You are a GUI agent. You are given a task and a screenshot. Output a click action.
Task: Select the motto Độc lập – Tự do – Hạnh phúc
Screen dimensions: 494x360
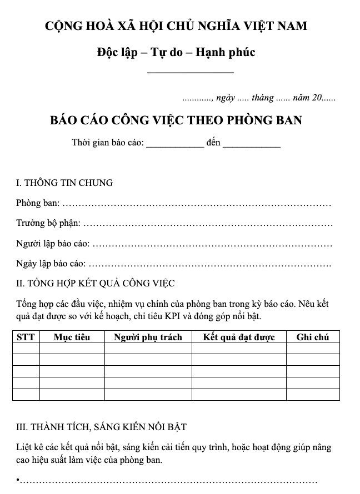coord(176,53)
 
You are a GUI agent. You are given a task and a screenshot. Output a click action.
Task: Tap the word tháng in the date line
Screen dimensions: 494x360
coord(262,98)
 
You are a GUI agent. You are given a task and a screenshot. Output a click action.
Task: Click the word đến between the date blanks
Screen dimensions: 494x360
coord(213,143)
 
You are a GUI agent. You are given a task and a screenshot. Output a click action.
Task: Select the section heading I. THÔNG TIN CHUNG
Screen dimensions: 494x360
coord(64,183)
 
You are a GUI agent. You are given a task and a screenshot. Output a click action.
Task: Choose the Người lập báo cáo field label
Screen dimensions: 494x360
coord(52,244)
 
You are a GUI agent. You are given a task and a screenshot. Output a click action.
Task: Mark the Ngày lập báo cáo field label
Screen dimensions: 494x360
coord(51,264)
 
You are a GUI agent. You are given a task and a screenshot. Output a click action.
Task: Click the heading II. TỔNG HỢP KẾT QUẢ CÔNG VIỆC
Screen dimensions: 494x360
coord(96,284)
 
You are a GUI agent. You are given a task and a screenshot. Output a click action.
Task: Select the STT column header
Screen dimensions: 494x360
coord(26,337)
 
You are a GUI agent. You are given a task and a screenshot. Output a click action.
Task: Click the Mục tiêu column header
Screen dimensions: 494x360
coord(72,337)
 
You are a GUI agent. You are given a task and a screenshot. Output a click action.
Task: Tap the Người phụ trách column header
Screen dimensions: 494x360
coord(148,337)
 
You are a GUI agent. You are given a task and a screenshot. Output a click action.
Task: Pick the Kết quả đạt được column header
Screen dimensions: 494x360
coord(238,337)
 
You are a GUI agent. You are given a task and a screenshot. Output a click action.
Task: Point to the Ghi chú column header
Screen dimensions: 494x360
coord(313,337)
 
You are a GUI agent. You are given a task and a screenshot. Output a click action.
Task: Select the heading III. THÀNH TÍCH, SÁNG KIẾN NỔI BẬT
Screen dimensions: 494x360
coord(101,427)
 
